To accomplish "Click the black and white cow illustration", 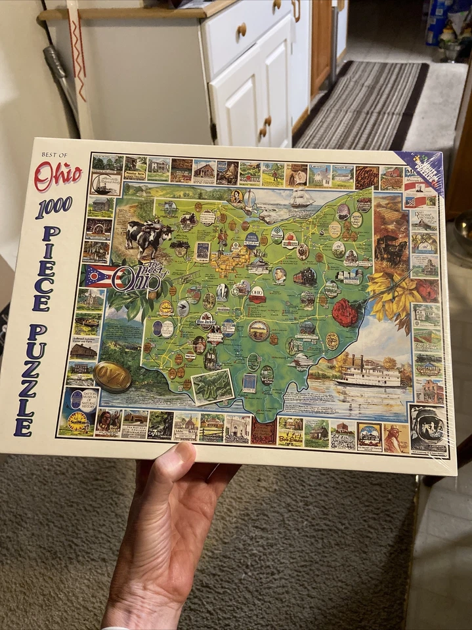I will pos(148,238).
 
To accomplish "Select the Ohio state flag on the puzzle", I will pos(99,276).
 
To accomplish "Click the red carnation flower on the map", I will pos(345,312).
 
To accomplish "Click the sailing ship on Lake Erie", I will pos(301,198).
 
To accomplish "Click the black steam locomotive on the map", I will pos(305,277).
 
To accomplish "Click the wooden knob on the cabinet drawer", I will pos(242,29).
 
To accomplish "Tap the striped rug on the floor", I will pos(358,105).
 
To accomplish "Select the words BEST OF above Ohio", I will pos(54,155).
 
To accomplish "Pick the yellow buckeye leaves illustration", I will pos(390,296).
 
